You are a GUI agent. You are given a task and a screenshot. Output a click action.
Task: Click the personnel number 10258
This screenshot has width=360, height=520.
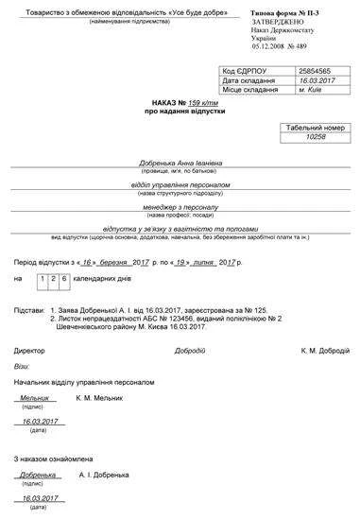(316, 136)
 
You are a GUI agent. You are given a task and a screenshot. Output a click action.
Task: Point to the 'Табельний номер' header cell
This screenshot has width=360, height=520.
(316, 126)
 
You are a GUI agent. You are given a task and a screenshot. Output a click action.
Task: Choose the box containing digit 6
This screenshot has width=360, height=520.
(62, 279)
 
